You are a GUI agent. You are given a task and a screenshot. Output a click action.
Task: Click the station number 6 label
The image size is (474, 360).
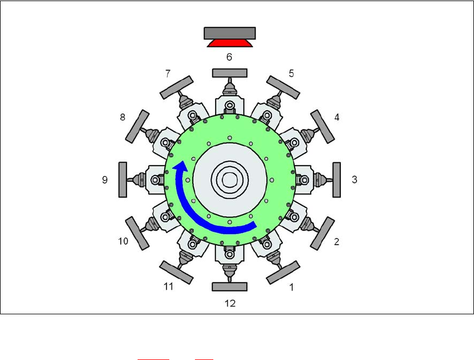pyautogui.click(x=229, y=57)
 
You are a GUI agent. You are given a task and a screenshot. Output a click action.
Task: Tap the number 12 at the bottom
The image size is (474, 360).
pyautogui.click(x=230, y=303)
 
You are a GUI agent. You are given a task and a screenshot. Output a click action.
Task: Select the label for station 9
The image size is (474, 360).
pyautogui.click(x=105, y=179)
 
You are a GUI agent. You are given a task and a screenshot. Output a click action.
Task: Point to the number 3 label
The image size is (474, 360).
pyautogui.click(x=355, y=179)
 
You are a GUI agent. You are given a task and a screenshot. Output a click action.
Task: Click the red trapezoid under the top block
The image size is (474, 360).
pyautogui.click(x=229, y=43)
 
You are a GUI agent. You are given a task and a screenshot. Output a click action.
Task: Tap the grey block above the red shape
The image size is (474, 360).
pyautogui.click(x=229, y=33)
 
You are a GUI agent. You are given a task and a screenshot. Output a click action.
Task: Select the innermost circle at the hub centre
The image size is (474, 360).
pyautogui.click(x=229, y=179)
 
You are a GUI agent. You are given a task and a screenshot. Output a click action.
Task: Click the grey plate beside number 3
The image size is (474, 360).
pyautogui.click(x=336, y=180)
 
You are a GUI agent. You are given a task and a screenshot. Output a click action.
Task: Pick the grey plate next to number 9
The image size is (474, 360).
pyautogui.click(x=123, y=180)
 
